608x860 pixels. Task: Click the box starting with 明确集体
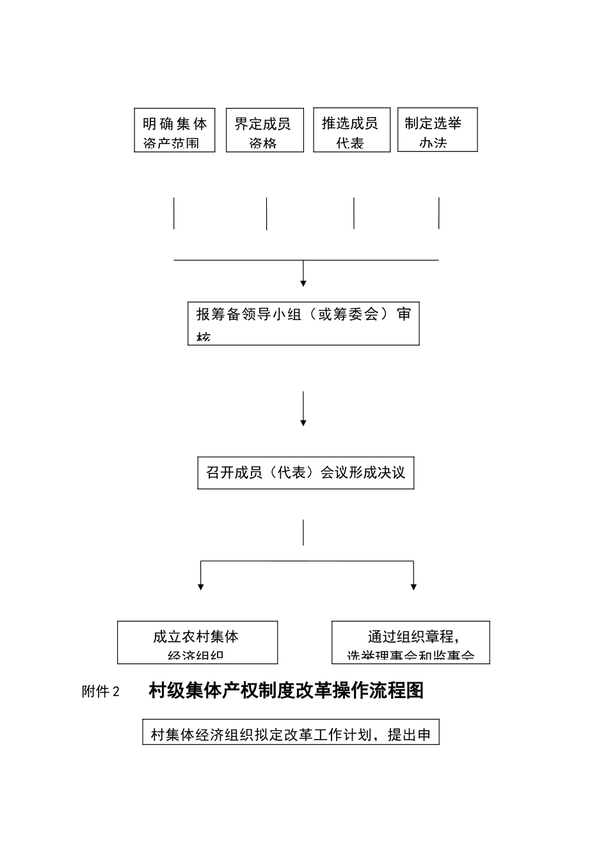[174, 130]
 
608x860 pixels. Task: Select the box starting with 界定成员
[264, 130]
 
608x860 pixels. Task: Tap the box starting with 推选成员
[351, 130]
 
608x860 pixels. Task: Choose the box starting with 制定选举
[437, 130]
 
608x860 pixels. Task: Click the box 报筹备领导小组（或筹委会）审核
[303, 323]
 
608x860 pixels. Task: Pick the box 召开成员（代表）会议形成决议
[305, 473]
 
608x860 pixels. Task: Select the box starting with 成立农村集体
[197, 642]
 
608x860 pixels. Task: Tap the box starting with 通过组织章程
[410, 642]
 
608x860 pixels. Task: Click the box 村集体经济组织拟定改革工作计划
[291, 733]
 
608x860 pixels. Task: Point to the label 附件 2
[100, 692]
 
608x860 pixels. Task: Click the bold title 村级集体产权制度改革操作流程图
[286, 690]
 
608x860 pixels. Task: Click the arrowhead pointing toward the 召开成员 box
[303, 422]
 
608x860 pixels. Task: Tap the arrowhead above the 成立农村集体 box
[201, 585]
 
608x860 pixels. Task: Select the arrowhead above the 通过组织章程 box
[413, 585]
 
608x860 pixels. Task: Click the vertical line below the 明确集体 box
[174, 213]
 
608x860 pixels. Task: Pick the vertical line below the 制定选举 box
[439, 213]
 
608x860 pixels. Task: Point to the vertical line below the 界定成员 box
[266, 213]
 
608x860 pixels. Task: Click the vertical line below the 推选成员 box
[354, 213]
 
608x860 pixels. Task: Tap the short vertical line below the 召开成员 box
[303, 532]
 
